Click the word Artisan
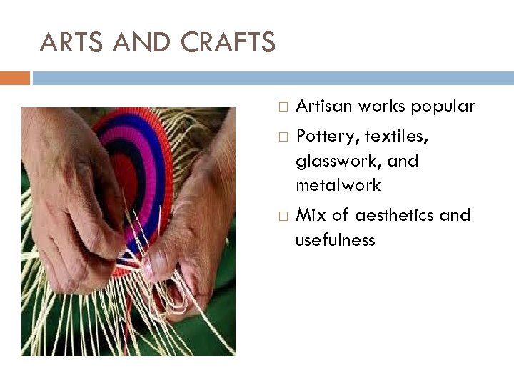pyautogui.click(x=322, y=107)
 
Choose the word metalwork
pyautogui.click(x=338, y=186)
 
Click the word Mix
pyautogui.click(x=309, y=215)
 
